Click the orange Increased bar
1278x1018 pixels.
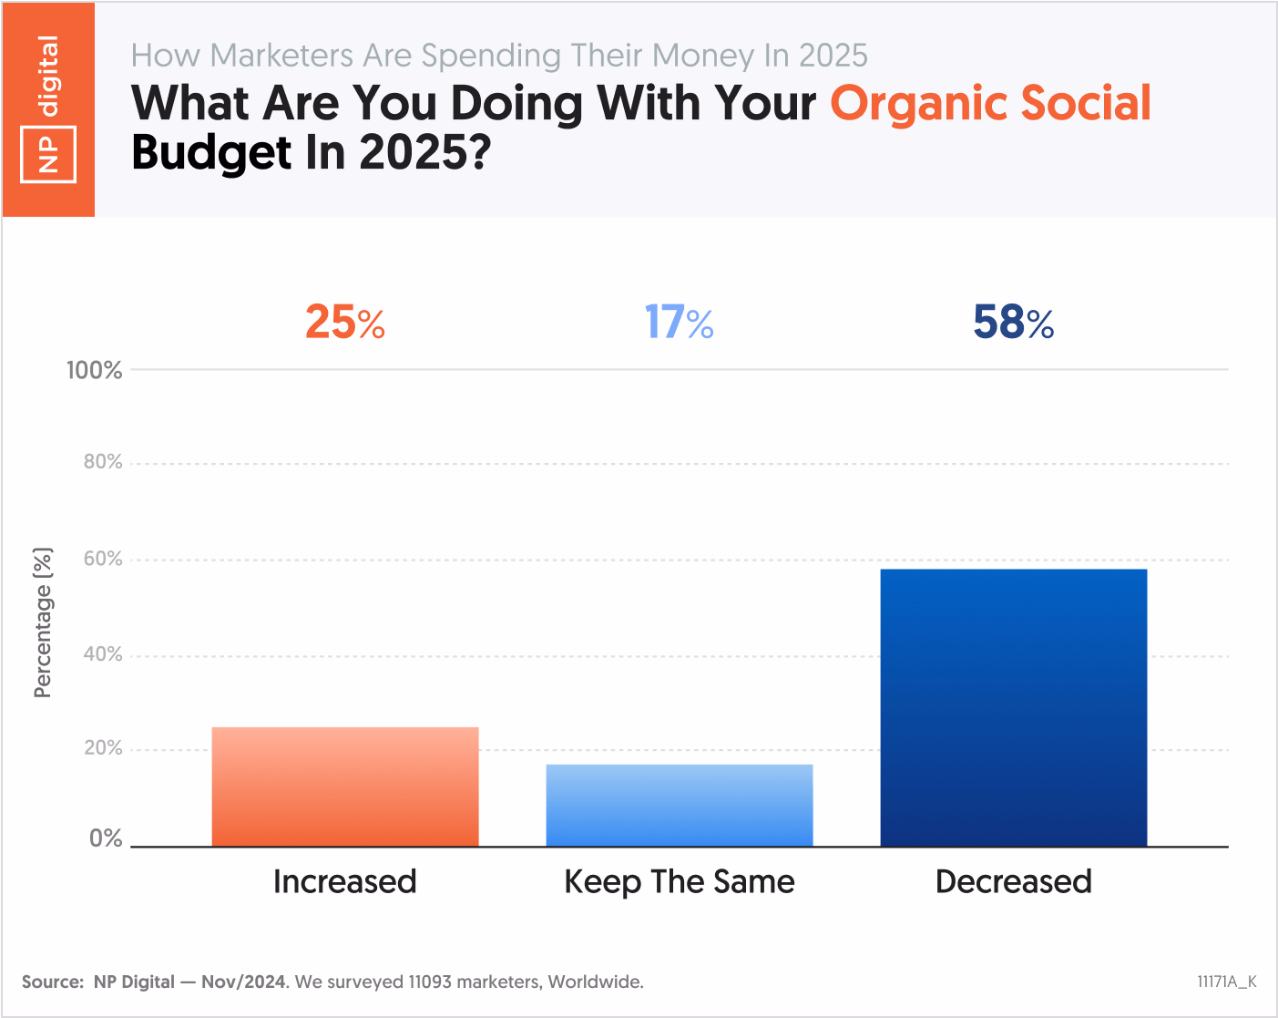(345, 787)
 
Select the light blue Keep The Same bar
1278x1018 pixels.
(680, 806)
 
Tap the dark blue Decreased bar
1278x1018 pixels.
(1013, 707)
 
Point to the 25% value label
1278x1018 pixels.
(345, 323)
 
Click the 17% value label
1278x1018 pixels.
(680, 323)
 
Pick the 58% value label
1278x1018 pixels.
(1013, 323)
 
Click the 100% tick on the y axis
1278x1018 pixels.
(94, 370)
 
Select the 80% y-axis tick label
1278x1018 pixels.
(103, 462)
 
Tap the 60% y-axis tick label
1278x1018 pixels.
(103, 559)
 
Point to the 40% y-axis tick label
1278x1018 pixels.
(103, 654)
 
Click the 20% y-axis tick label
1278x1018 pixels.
(103, 748)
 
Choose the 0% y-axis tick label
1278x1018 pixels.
(106, 838)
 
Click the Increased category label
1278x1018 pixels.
(345, 881)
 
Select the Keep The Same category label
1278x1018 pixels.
(680, 881)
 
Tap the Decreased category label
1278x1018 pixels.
(1013, 881)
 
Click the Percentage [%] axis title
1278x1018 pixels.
(43, 622)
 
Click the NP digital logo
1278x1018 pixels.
(48, 109)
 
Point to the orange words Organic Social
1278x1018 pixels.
(990, 103)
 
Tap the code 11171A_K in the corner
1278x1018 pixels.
(1226, 982)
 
